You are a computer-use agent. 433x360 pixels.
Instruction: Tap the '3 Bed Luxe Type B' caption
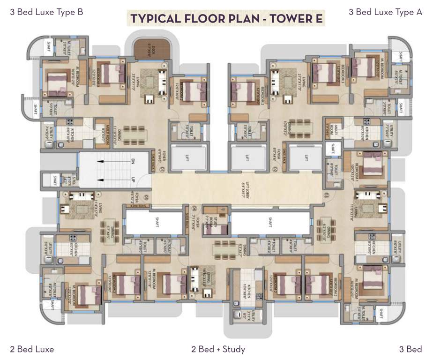pyautogui.click(x=46, y=12)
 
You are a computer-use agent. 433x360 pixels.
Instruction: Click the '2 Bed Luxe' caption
pyautogui.click(x=32, y=349)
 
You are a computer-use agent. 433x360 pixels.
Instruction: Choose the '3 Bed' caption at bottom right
pyautogui.click(x=411, y=349)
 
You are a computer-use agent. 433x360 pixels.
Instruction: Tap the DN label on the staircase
pyautogui.click(x=133, y=162)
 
